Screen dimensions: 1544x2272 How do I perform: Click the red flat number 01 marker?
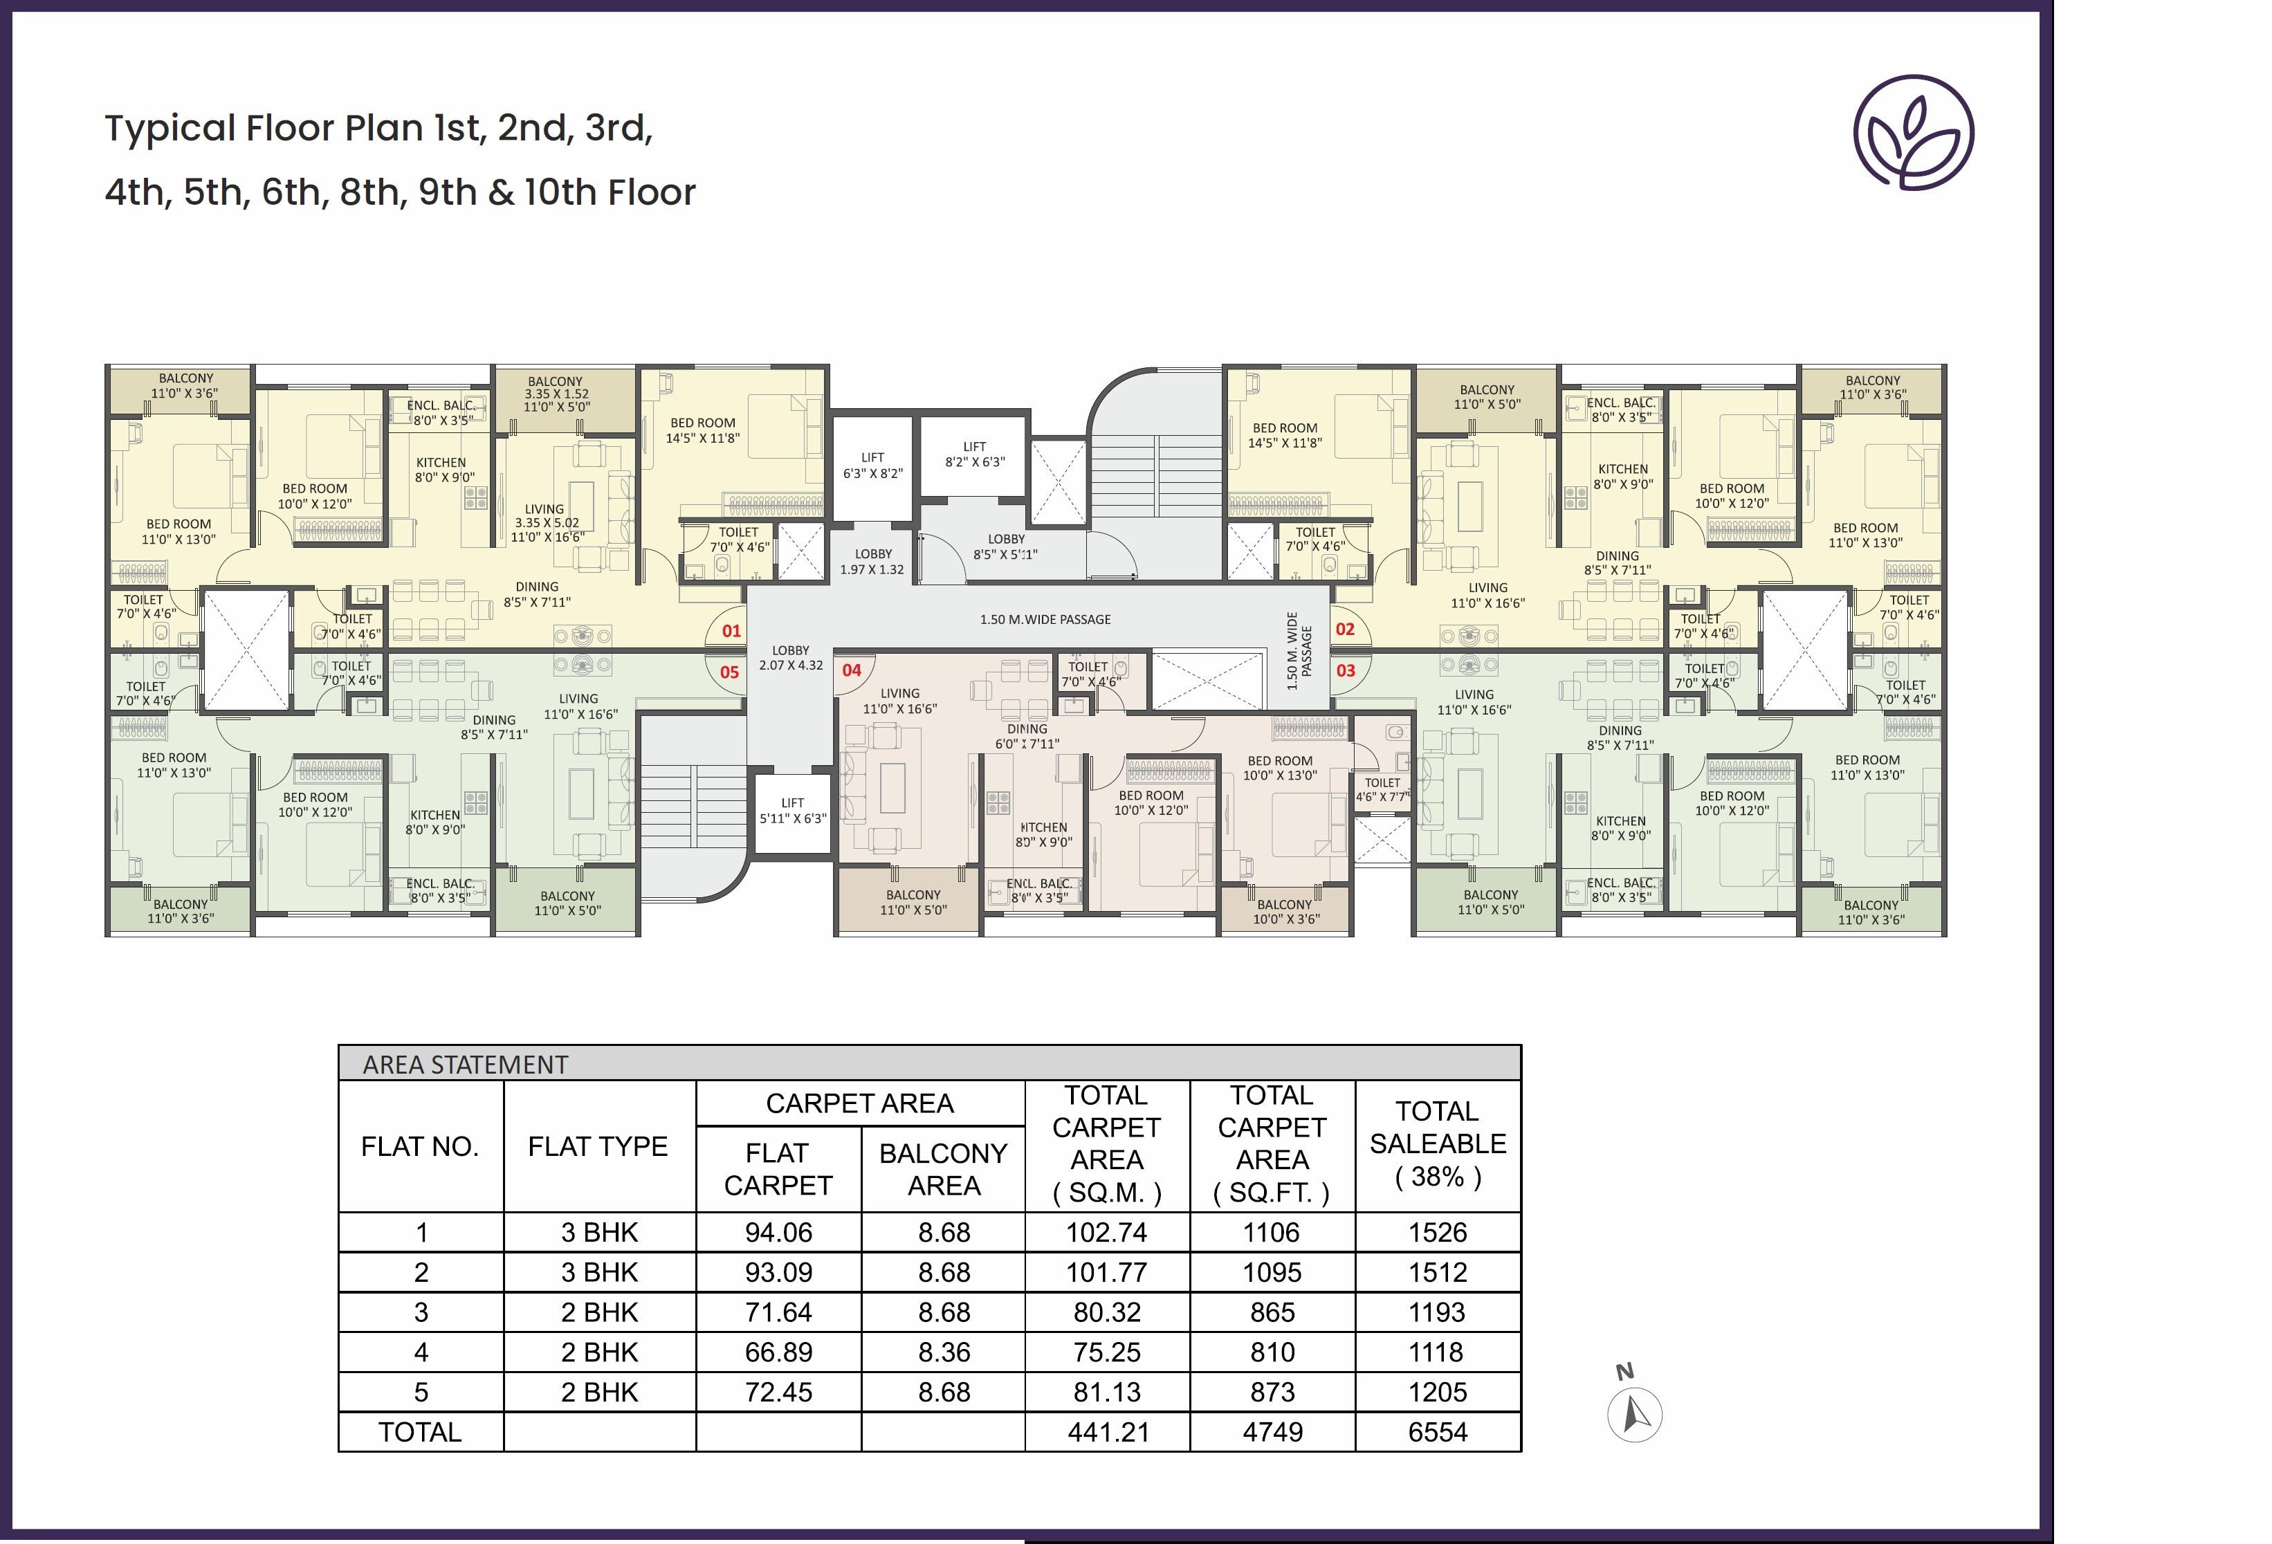(731, 632)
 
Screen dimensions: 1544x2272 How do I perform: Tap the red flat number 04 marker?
(852, 670)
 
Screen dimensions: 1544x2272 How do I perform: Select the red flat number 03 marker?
(1345, 670)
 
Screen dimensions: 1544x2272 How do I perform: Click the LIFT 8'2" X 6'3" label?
(975, 454)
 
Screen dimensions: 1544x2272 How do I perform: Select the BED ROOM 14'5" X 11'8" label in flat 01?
(703, 431)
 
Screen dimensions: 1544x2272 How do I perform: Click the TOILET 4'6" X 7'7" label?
(1382, 789)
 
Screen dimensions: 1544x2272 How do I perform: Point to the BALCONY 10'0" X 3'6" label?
(1285, 912)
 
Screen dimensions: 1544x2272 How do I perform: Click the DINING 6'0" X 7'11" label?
(1027, 736)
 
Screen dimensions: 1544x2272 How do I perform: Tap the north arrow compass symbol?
(1635, 1413)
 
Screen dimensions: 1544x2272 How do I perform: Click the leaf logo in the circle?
(1913, 133)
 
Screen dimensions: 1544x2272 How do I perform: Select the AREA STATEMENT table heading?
(466, 1064)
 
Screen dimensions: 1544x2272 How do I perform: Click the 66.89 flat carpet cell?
(778, 1352)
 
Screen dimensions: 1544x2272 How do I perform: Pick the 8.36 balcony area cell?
(944, 1352)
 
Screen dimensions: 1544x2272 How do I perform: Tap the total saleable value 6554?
(1437, 1432)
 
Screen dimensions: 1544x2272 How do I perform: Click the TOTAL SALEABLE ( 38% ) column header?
(1437, 1143)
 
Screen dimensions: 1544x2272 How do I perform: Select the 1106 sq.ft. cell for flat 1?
(1271, 1232)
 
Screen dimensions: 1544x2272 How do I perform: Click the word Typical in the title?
(170, 129)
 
